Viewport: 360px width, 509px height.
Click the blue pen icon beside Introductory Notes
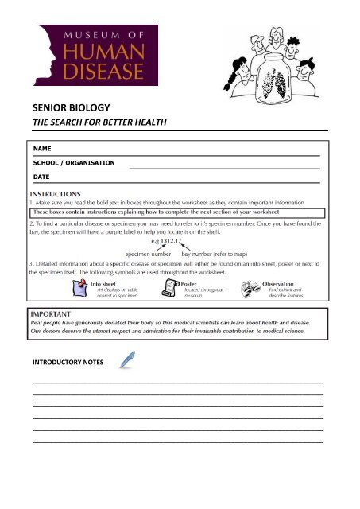(125, 362)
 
